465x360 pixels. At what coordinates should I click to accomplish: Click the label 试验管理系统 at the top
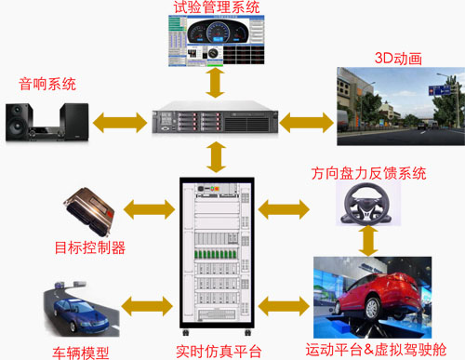coord(216,8)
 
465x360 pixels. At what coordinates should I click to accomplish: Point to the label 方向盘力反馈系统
coord(368,174)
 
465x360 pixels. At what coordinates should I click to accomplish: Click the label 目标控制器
coord(90,247)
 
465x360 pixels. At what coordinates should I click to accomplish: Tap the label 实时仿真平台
coord(217,351)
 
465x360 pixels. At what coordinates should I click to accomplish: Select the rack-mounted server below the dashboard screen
coord(216,119)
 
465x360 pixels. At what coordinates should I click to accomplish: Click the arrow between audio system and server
coord(119,120)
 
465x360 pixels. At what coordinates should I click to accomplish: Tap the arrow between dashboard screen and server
coord(216,81)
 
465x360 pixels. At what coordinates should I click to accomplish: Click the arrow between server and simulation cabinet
coord(216,156)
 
